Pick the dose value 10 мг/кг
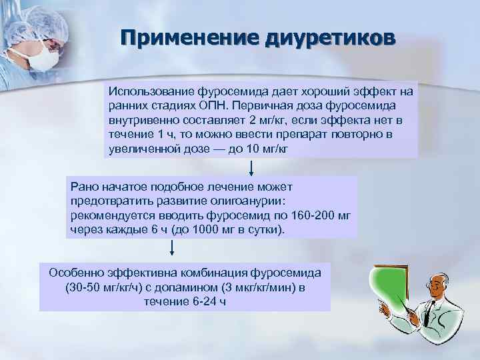[x=261, y=148]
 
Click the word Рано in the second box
[x=83, y=187]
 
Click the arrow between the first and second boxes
[x=251, y=166]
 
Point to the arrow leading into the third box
[x=173, y=248]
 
